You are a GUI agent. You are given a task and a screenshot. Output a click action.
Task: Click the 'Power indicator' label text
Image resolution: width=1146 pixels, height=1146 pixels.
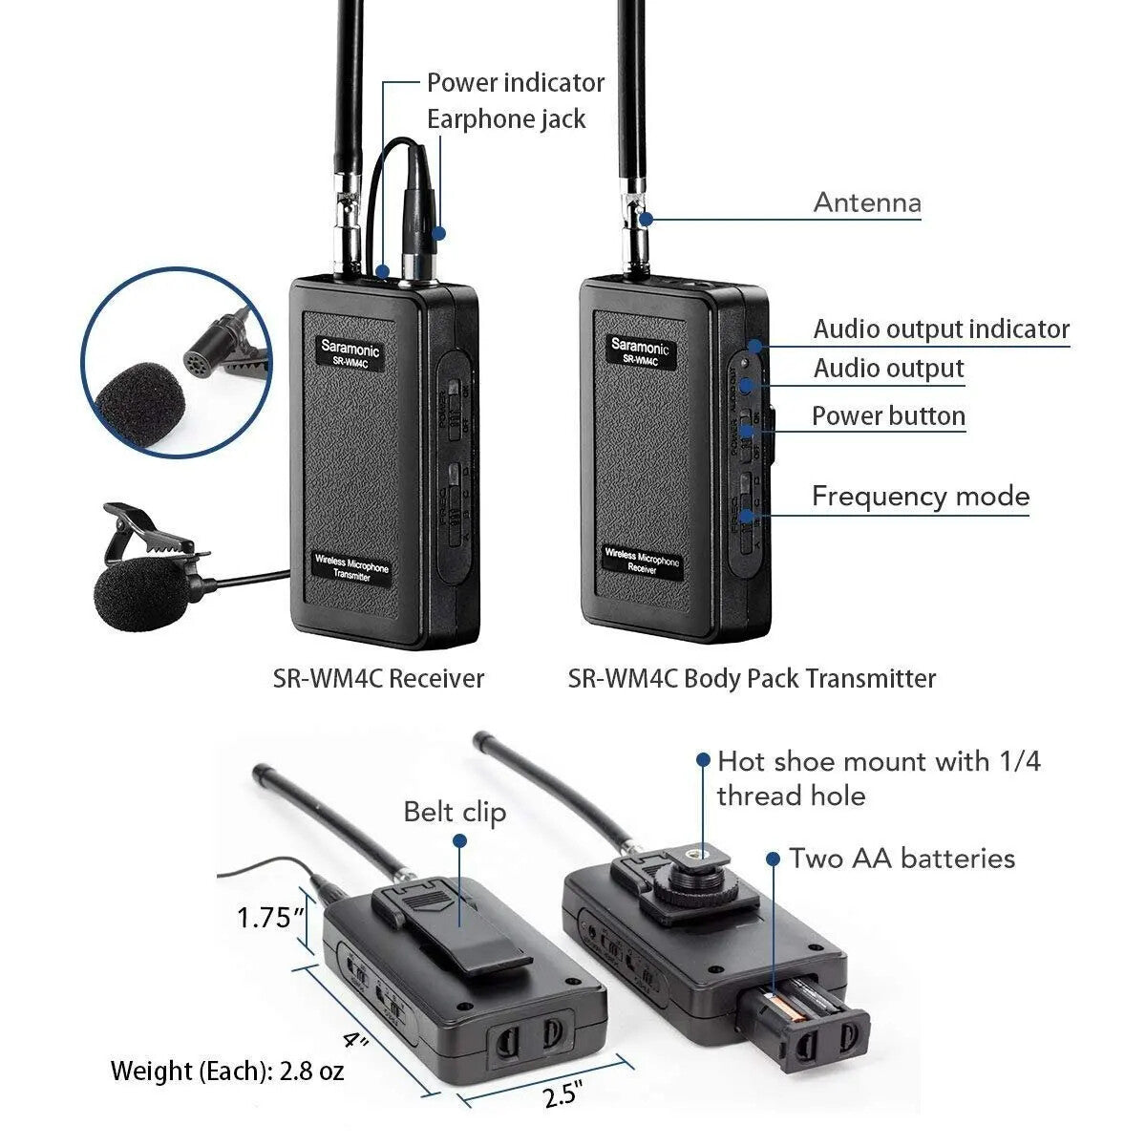click(515, 83)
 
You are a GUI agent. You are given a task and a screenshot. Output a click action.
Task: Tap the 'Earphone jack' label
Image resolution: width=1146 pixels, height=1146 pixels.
click(505, 119)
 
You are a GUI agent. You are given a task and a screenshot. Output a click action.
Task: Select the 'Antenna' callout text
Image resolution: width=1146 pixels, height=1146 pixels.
click(867, 202)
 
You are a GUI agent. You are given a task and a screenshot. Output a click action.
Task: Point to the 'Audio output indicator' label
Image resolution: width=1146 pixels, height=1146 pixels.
click(941, 329)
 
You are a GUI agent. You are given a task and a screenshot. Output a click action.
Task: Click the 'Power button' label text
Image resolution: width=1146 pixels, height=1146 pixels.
click(888, 416)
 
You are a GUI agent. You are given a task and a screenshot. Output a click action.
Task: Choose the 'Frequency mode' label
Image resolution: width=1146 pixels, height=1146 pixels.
click(920, 497)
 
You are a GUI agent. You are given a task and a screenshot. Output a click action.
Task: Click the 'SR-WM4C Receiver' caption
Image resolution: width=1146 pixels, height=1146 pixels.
click(378, 679)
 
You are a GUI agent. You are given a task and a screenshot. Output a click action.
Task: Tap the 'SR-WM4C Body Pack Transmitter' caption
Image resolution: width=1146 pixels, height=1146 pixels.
click(752, 679)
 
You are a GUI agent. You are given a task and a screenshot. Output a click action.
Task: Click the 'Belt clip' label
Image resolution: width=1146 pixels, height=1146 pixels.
click(455, 812)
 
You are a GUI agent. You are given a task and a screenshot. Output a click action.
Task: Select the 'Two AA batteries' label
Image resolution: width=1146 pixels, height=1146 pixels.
click(902, 859)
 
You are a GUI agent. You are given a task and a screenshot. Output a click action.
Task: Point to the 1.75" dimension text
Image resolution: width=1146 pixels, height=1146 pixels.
click(270, 918)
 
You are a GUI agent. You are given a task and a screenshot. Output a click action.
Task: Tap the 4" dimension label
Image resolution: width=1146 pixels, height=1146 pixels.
click(355, 1038)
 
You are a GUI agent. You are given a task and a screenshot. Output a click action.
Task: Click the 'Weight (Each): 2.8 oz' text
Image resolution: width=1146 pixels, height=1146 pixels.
click(227, 1071)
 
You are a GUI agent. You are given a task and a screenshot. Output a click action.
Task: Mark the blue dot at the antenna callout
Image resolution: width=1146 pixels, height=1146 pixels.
click(647, 219)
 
